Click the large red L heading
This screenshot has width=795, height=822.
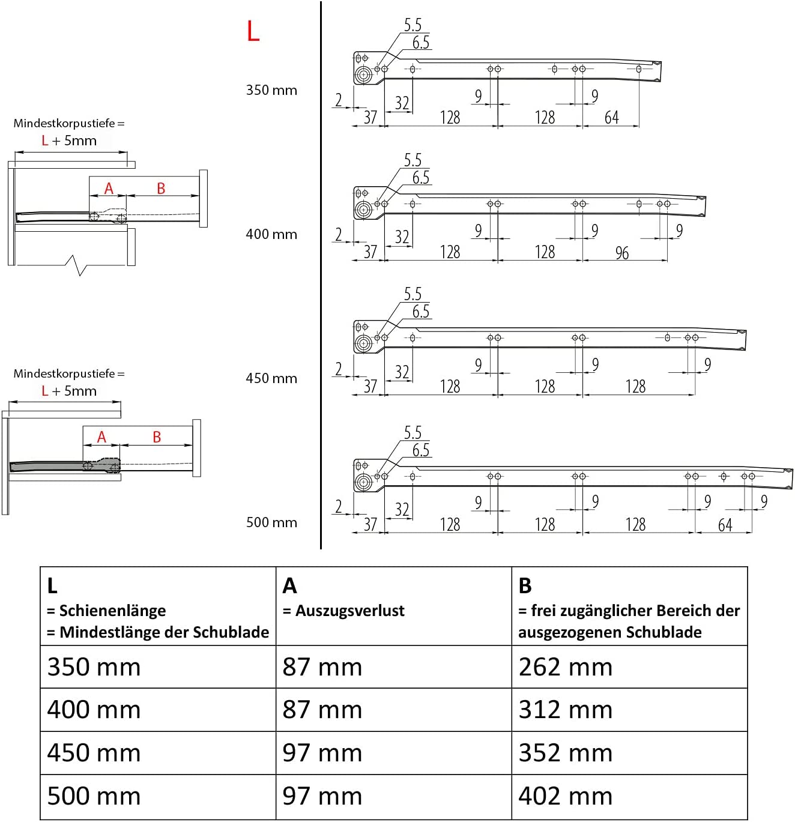pyautogui.click(x=253, y=31)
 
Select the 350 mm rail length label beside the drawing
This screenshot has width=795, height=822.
pyautogui.click(x=271, y=90)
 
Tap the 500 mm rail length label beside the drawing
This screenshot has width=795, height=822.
pyautogui.click(x=271, y=522)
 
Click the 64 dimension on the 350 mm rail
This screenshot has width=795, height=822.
pyautogui.click(x=611, y=118)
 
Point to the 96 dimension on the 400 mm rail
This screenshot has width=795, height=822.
pyautogui.click(x=622, y=253)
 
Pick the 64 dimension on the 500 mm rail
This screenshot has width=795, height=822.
pyautogui.click(x=725, y=525)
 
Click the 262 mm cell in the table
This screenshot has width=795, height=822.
pyautogui.click(x=565, y=667)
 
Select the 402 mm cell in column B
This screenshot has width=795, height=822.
pyautogui.click(x=565, y=796)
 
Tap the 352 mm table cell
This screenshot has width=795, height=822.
pyautogui.click(x=565, y=753)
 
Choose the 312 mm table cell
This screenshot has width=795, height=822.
pyautogui.click(x=565, y=710)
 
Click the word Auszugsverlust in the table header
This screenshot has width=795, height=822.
pyautogui.click(x=349, y=611)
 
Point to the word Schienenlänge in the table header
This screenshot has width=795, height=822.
pyautogui.click(x=112, y=611)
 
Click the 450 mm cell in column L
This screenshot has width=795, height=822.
pyautogui.click(x=94, y=753)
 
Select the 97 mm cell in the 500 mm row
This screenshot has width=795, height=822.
pyautogui.click(x=322, y=796)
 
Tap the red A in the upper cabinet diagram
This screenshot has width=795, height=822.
pyautogui.click(x=109, y=189)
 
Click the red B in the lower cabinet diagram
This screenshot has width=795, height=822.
pyautogui.click(x=157, y=437)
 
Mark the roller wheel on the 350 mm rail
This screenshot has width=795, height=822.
pyautogui.click(x=363, y=76)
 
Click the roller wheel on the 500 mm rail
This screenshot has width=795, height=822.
pyautogui.click(x=363, y=482)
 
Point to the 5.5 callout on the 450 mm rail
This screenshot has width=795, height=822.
pyautogui.click(x=413, y=294)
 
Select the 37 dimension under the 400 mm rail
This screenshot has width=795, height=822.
pyautogui.click(x=370, y=252)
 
